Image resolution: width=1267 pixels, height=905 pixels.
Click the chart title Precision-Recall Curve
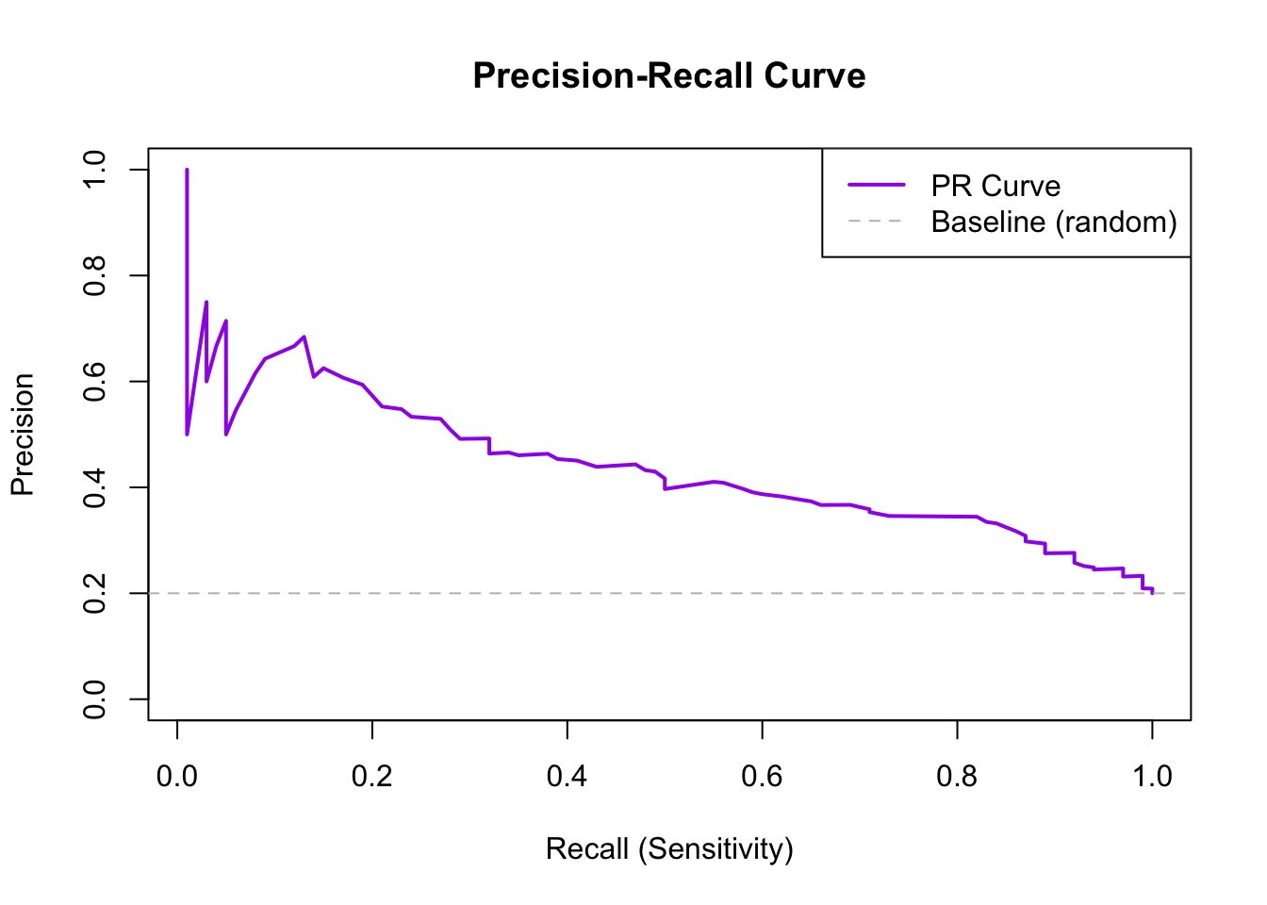pos(669,75)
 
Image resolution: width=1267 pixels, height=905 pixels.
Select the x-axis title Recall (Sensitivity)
pos(669,849)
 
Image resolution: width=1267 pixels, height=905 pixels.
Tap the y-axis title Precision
pos(23,435)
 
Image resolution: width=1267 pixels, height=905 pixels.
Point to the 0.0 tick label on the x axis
pos(177,776)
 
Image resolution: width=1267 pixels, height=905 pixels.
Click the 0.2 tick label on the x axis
pos(372,776)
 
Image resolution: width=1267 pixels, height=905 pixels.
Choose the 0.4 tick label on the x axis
pos(568,776)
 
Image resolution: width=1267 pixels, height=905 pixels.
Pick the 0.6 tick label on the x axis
pos(762,776)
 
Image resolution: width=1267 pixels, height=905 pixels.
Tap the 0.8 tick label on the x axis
pos(957,776)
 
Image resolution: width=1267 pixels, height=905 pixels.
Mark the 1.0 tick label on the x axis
pos(1152,776)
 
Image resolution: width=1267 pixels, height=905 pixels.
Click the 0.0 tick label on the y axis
pos(95,699)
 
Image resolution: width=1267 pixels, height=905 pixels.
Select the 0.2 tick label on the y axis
pos(95,593)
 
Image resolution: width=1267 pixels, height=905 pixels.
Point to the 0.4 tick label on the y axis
pos(95,487)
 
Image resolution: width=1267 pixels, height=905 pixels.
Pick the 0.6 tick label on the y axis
pos(95,382)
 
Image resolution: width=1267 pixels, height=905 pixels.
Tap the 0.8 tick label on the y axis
pos(95,275)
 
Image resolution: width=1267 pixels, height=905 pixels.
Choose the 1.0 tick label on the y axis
pos(95,170)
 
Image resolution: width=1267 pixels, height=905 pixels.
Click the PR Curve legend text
pos(995,186)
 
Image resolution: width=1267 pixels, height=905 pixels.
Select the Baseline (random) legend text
pos(1054,222)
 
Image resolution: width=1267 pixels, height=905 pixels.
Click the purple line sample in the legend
pos(876,186)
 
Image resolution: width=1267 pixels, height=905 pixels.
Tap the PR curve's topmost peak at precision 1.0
pos(187,171)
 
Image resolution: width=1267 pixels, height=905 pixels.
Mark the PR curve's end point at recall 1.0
pos(1152,593)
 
